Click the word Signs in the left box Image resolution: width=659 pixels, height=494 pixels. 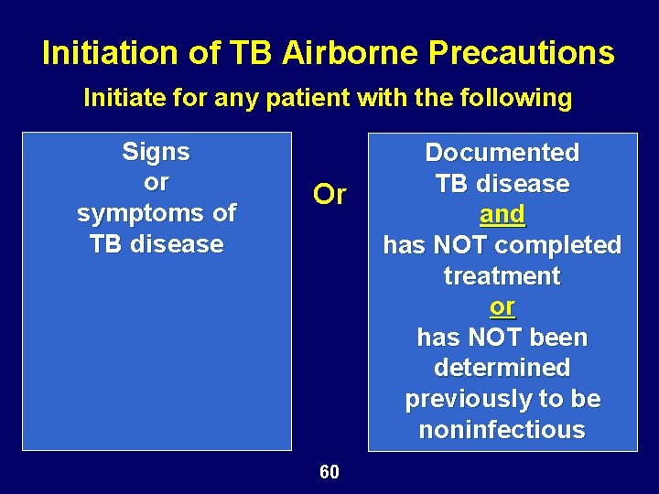pos(156,152)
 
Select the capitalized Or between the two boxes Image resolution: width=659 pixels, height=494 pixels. pos(329,195)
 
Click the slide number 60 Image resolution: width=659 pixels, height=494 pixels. pos(329,472)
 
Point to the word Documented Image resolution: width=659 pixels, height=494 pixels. pos(502,153)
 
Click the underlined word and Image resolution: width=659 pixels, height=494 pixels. pos(502,215)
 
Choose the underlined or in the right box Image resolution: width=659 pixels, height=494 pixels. pos(502,306)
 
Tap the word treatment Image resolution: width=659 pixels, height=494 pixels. pos(502,275)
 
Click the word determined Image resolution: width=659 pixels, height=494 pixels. pos(502,368)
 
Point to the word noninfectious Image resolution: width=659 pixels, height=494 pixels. pos(502,430)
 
